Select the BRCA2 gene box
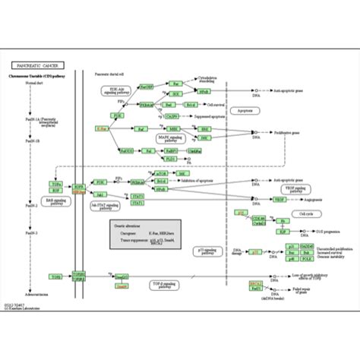click(x=257, y=283)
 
